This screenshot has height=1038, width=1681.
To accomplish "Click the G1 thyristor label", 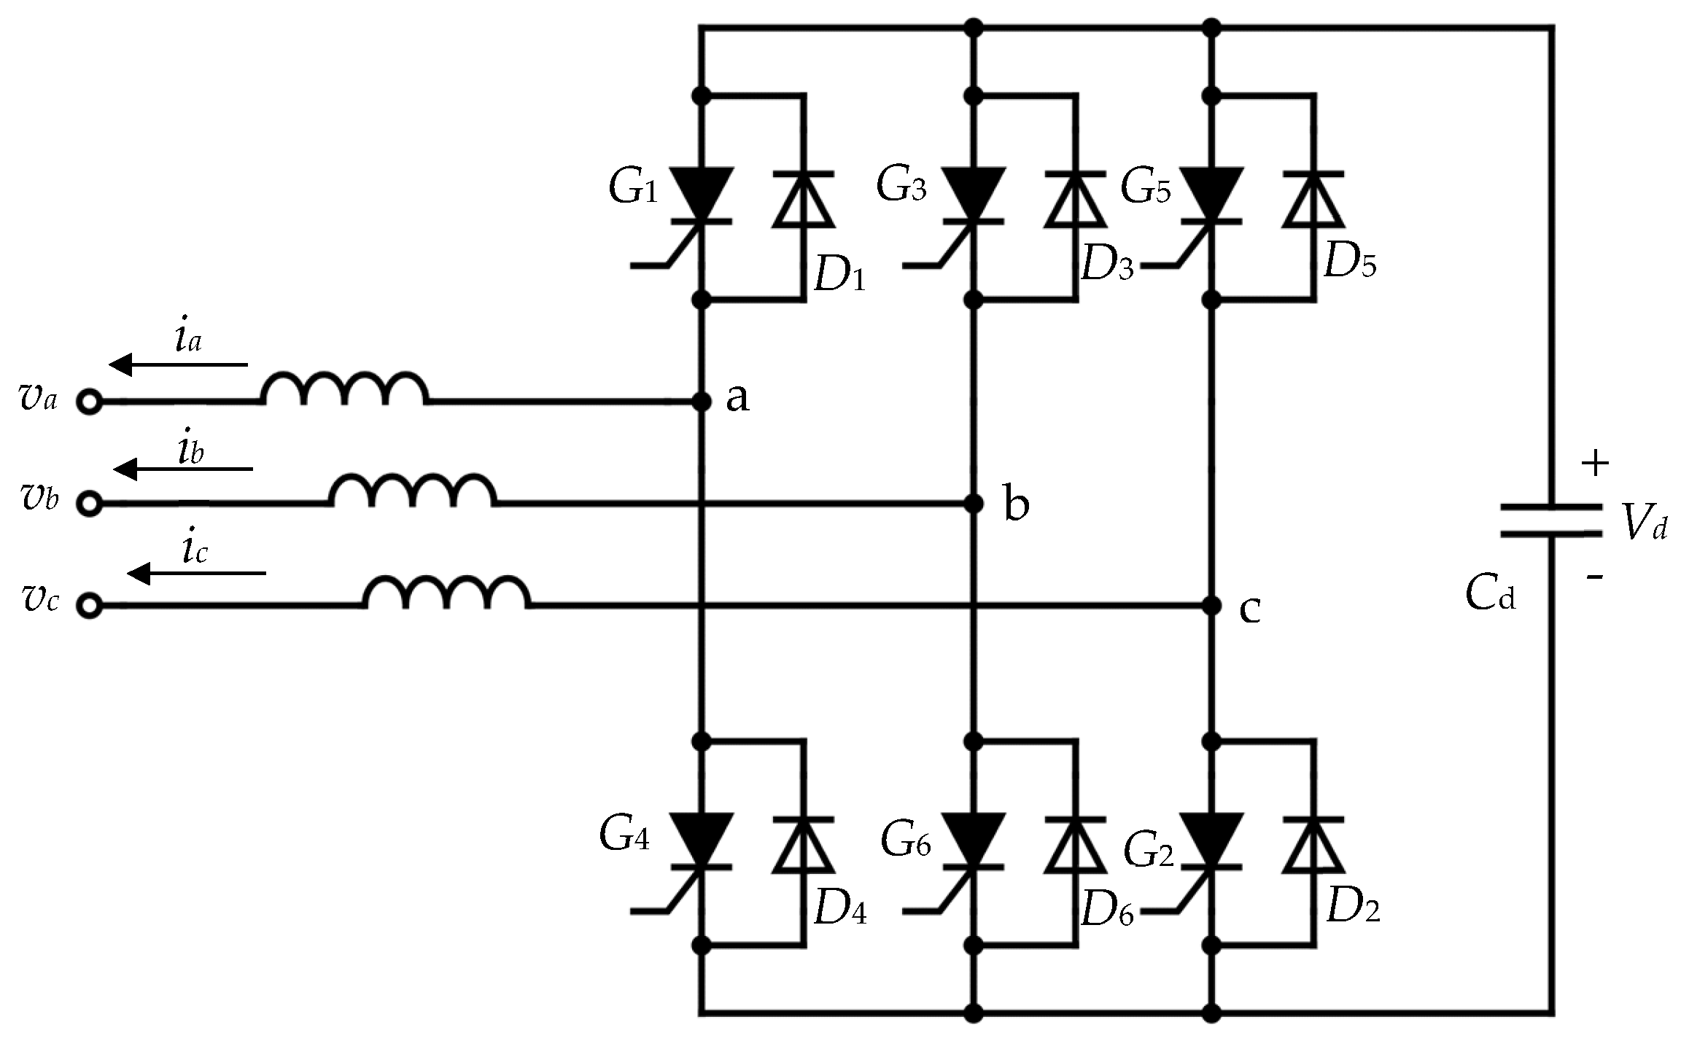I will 633,188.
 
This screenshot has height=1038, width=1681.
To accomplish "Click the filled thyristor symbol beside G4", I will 701,838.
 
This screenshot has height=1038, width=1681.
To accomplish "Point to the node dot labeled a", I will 702,401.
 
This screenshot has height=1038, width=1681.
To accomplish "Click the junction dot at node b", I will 974,503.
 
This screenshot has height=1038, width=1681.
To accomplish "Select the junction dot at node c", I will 1212,605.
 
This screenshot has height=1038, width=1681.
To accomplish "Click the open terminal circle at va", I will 89,402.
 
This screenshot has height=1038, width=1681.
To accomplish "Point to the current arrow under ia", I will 179,364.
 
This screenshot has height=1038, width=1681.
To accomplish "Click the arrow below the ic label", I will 197,574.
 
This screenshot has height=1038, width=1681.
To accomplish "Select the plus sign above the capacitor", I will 1595,464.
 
